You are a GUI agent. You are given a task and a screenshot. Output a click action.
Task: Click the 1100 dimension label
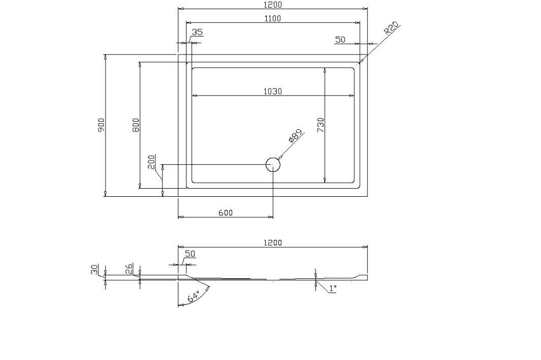coord(273,18)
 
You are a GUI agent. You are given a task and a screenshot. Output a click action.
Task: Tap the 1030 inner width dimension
coord(273,91)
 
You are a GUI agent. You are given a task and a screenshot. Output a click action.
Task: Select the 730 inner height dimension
coord(320,125)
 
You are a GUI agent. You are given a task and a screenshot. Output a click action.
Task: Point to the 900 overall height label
coord(101,125)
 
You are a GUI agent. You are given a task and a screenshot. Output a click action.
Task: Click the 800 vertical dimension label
coord(136,125)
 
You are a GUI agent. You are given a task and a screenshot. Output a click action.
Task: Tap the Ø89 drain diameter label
coord(295,136)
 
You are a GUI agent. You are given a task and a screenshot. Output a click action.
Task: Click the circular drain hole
coord(273,165)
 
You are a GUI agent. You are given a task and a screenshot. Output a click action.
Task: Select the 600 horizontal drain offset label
coord(226,213)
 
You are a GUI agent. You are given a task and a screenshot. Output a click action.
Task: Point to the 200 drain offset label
coord(151,162)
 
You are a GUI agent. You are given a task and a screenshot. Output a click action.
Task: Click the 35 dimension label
coord(197,32)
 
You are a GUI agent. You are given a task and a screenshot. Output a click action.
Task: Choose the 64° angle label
coord(194,297)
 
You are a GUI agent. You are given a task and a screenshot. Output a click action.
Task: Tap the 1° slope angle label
coord(332,288)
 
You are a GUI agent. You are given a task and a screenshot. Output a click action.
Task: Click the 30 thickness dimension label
coord(94,269)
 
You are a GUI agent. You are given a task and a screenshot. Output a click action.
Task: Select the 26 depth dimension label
coord(129,269)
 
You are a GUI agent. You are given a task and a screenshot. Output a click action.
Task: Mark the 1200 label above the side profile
coord(273,243)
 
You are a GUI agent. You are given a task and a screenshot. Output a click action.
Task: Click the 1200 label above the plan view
coord(273,4)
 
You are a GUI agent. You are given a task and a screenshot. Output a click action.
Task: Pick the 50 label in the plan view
coord(340,39)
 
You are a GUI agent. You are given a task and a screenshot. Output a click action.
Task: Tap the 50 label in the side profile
coord(190,254)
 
